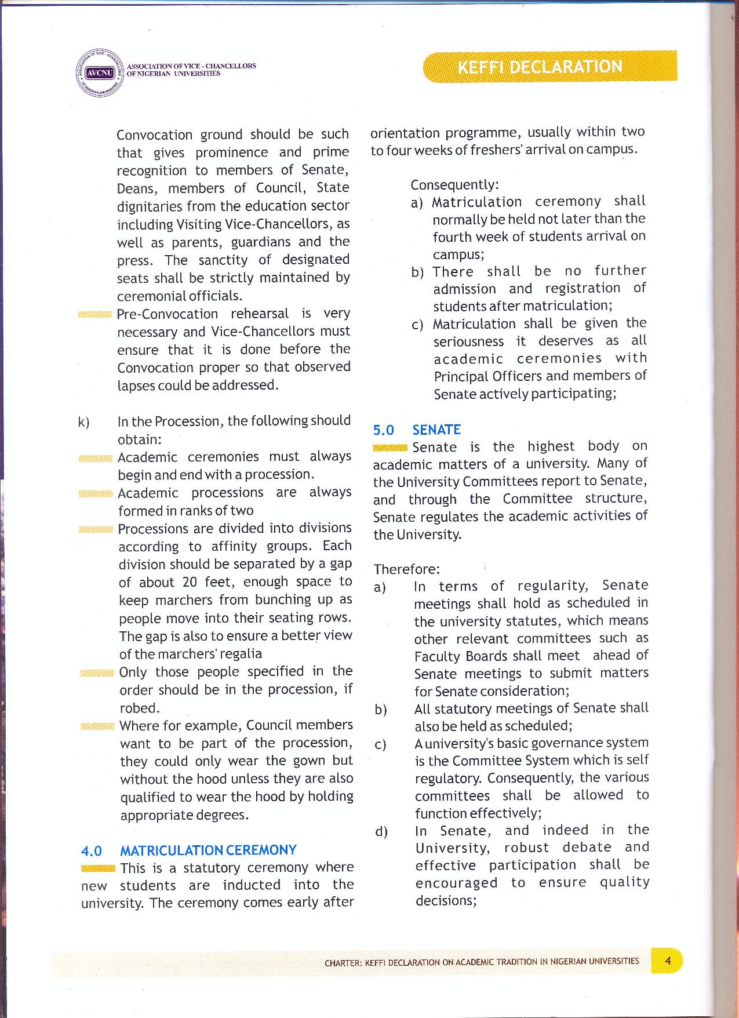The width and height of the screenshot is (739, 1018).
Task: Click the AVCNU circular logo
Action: (100, 73)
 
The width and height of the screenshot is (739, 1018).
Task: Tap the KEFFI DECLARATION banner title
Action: (540, 67)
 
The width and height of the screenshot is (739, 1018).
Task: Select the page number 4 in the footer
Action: (667, 961)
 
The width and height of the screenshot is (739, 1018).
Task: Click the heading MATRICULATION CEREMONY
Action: (207, 850)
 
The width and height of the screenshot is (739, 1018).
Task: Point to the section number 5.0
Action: (383, 430)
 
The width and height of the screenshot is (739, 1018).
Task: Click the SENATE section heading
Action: (436, 430)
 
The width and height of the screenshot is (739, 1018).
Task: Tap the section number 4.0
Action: (92, 851)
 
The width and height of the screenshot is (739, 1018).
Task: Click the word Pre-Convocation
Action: (167, 314)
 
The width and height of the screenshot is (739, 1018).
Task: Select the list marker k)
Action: (83, 421)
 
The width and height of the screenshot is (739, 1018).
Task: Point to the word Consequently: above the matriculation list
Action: (454, 185)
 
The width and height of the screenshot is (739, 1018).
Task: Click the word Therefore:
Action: (406, 569)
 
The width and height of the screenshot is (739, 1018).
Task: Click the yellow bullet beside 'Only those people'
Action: (97, 673)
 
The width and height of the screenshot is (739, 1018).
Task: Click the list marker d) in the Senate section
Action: (381, 832)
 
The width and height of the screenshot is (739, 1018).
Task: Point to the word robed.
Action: (139, 708)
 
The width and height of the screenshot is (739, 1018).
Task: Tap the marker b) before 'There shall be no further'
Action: (417, 272)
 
